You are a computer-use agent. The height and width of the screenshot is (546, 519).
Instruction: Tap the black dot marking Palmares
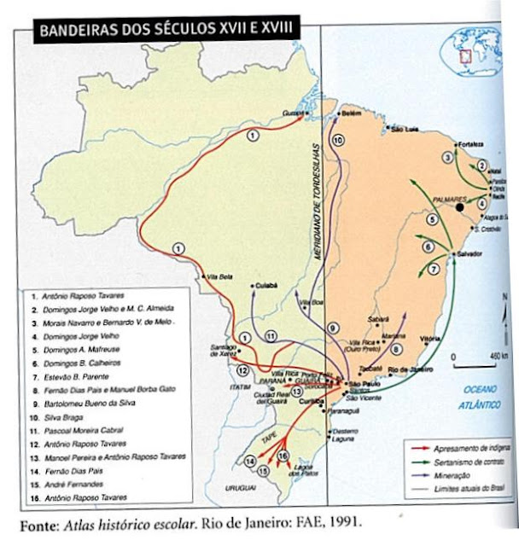pyautogui.click(x=460, y=206)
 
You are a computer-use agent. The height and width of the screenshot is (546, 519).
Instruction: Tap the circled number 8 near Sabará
pyautogui.click(x=395, y=348)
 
